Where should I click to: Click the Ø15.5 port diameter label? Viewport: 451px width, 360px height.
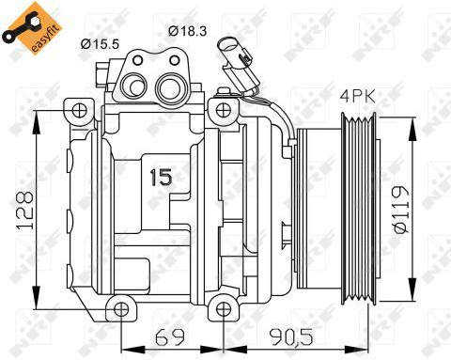100,44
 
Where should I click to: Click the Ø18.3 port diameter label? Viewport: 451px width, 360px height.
188,31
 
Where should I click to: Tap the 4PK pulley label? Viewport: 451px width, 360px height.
358,97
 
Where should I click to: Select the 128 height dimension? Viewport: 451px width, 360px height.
25,210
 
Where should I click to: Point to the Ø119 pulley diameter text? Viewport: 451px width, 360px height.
401,210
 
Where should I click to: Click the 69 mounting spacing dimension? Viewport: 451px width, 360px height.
170,337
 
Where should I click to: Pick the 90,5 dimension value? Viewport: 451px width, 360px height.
292,337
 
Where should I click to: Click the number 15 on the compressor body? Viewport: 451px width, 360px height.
161,177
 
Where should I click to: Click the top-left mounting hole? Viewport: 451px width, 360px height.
78,111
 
